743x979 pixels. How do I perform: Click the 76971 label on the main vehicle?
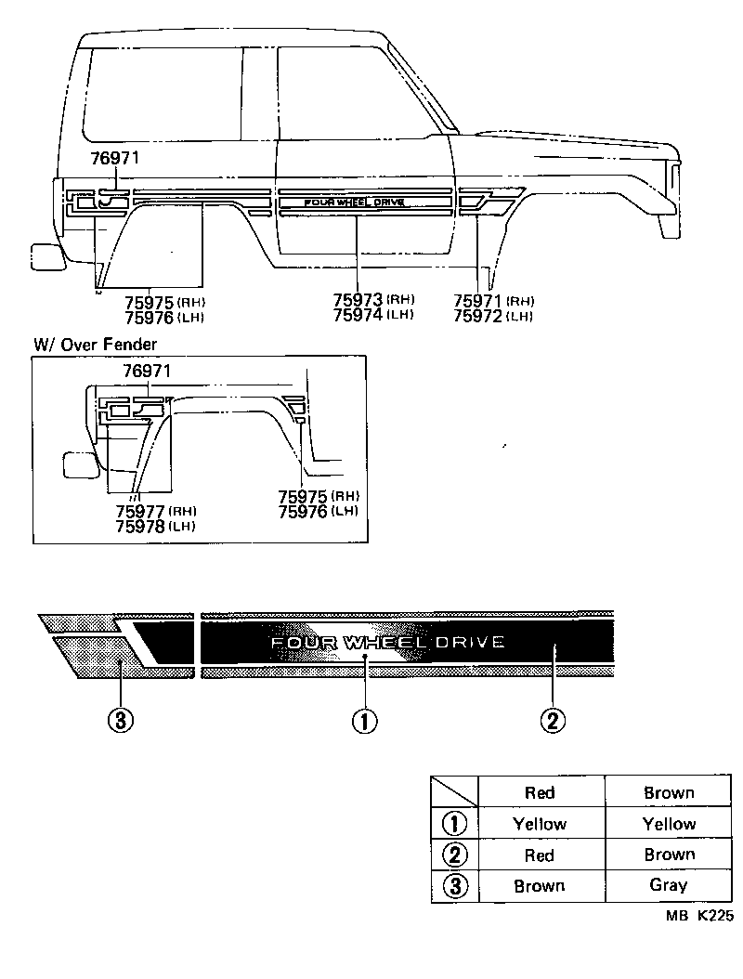tap(114, 159)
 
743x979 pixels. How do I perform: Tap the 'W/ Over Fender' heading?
tap(95, 344)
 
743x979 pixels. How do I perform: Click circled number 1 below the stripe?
tap(364, 721)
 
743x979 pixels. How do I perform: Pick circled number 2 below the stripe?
tap(553, 721)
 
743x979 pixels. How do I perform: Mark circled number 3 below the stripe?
tap(119, 721)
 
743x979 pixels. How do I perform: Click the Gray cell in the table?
tap(669, 885)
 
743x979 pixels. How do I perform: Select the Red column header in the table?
tap(540, 792)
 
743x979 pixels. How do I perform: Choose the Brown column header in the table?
tap(669, 792)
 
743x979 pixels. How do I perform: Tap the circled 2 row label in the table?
tap(455, 855)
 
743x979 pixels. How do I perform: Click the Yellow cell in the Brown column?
tap(669, 824)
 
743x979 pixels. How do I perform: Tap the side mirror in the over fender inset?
tap(80, 464)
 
